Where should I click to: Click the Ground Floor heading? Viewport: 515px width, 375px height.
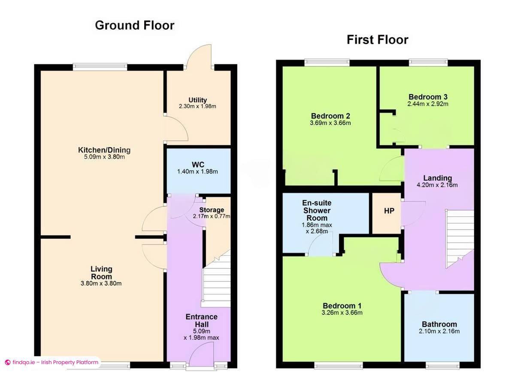click(x=135, y=25)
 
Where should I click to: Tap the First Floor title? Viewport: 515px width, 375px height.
click(x=378, y=40)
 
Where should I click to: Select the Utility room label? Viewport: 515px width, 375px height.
click(x=198, y=100)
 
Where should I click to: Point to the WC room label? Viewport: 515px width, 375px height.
click(x=198, y=165)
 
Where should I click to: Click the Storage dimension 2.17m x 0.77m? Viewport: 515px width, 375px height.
click(x=212, y=216)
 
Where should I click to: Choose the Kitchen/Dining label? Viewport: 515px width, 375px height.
click(x=104, y=150)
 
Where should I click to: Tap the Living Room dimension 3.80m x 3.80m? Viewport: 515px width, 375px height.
click(x=101, y=284)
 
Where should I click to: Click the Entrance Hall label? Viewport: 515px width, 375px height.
click(x=202, y=320)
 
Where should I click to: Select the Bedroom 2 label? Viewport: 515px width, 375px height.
click(x=330, y=116)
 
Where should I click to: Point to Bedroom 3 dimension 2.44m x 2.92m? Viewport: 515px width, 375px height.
click(x=428, y=104)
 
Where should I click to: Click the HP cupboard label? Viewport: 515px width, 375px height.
click(x=389, y=211)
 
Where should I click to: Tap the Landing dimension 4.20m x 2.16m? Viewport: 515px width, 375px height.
click(x=437, y=185)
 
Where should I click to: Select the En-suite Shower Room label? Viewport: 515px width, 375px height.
click(x=317, y=210)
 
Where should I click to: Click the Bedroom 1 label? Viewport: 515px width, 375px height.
click(x=342, y=306)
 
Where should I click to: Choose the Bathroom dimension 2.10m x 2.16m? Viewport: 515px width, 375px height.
click(x=439, y=331)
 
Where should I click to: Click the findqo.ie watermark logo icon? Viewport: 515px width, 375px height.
click(x=8, y=363)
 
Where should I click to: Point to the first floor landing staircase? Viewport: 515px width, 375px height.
click(x=460, y=239)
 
